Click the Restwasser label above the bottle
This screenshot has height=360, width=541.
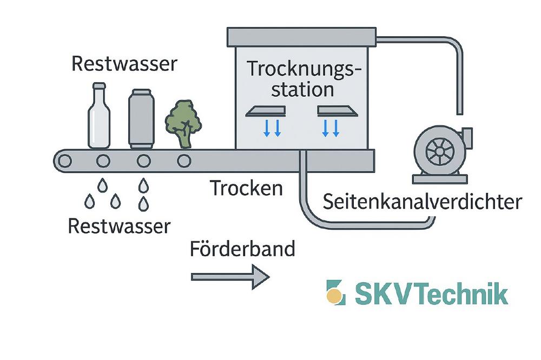pos(124,64)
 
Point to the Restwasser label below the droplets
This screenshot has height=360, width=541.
pos(119,225)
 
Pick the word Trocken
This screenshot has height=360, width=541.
pos(246,188)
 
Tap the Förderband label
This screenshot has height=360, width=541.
pos(242,249)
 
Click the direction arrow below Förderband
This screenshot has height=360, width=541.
pos(230,276)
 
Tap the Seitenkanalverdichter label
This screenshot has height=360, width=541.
pos(422,202)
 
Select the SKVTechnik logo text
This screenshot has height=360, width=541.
pos(431,294)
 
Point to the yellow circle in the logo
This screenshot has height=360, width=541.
pos(335,296)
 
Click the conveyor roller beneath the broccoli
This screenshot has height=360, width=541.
pos(184,161)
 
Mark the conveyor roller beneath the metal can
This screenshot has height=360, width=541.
pos(143,161)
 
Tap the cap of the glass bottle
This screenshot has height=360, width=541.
pos(98,85)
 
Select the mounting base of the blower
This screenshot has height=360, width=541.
pos(439,178)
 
